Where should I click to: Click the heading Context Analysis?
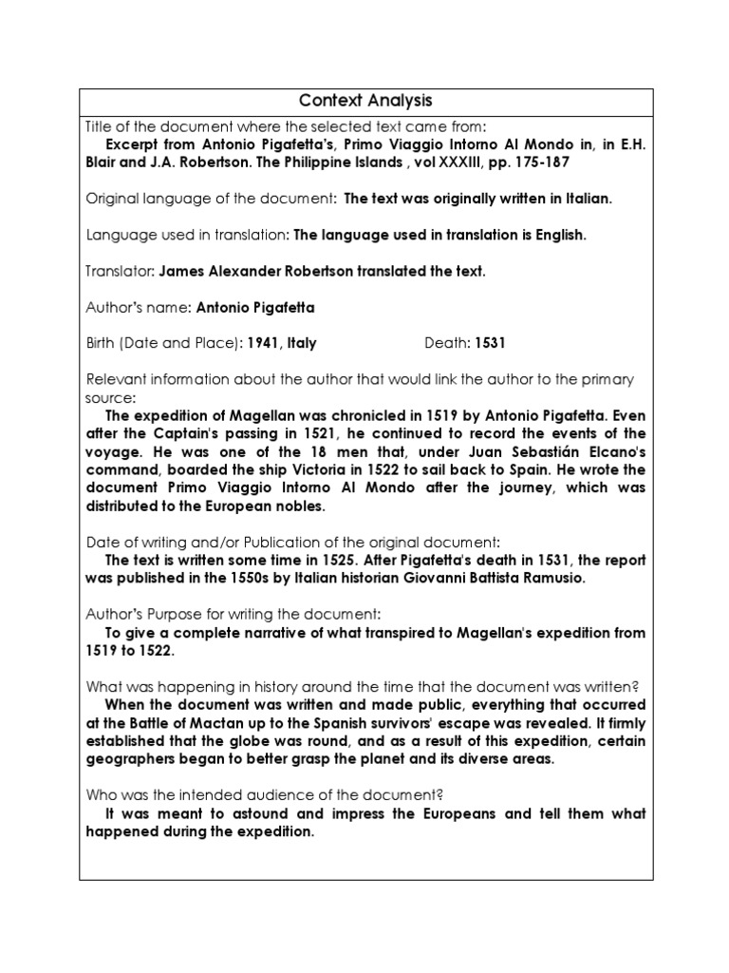click(365, 101)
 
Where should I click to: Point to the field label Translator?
click(121, 271)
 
